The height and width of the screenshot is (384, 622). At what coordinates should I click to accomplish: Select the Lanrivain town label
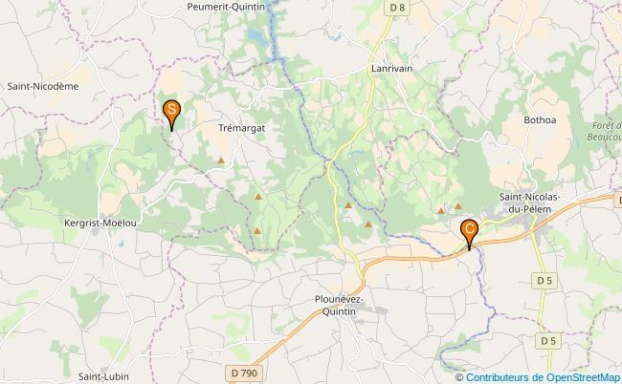click(x=391, y=69)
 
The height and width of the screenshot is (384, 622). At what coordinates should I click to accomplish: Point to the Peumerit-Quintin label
click(x=226, y=7)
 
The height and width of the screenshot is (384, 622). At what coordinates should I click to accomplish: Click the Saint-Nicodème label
click(x=42, y=86)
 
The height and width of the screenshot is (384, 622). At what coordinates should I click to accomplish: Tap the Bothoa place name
click(x=540, y=120)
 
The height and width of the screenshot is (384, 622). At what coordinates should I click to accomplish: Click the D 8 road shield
click(x=397, y=9)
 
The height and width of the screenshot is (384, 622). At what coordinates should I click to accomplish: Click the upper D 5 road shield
click(x=544, y=280)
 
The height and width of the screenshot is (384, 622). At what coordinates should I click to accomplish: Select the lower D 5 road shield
click(x=547, y=341)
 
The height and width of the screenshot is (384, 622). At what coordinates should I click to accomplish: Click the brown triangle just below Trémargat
click(x=222, y=160)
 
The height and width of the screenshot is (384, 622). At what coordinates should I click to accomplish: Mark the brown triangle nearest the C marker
click(x=458, y=205)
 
